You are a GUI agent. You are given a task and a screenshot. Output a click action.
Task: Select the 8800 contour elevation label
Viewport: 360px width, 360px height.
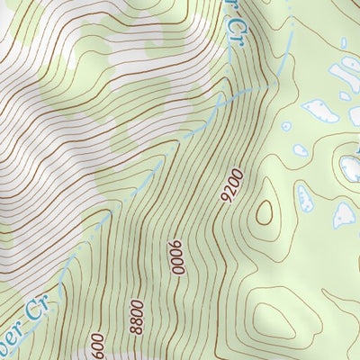click(x=137, y=316)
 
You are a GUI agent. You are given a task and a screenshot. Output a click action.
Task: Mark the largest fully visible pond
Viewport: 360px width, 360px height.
click(x=320, y=111)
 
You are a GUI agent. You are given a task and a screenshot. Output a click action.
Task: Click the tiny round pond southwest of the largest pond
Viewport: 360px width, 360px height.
click(x=286, y=127)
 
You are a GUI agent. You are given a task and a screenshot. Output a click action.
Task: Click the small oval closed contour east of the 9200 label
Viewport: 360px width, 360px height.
click(x=265, y=212)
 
